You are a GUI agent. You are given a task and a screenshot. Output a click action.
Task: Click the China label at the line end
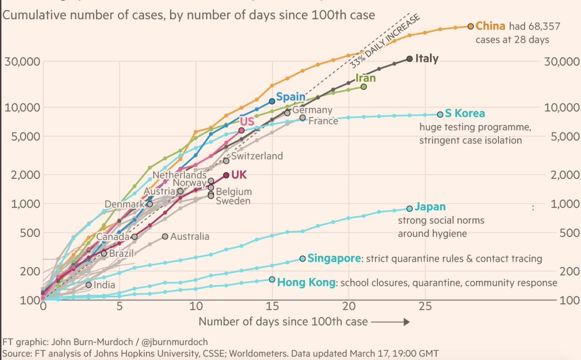point(490,26)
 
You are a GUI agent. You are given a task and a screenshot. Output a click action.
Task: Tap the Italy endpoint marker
point(410,59)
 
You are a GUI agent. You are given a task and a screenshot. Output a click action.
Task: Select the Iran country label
point(366,78)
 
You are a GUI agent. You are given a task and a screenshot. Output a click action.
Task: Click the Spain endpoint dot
point(272,101)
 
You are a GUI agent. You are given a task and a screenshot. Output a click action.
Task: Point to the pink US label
point(247,121)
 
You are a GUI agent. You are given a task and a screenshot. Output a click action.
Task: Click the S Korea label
point(465,114)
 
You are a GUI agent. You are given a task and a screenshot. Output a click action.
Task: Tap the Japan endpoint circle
point(410,208)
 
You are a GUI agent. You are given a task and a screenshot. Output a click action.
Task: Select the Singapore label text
point(334,258)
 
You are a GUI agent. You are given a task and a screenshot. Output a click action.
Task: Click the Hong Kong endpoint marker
point(272,280)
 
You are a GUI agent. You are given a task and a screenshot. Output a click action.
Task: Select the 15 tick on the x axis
point(272,306)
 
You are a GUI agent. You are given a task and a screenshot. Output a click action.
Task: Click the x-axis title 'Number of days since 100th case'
point(283,321)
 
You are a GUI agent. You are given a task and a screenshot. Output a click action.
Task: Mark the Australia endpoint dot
point(165,236)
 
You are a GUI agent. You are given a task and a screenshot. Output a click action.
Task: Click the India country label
point(104,285)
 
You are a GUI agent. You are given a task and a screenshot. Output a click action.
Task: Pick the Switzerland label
point(257,156)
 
